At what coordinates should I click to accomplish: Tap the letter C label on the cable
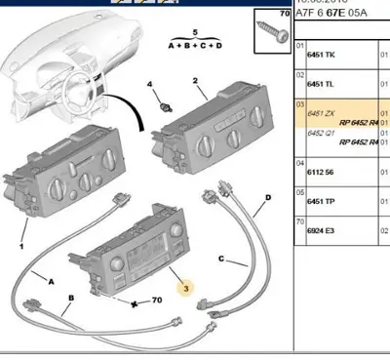tap(222, 260)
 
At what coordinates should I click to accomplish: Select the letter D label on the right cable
tap(266, 205)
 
